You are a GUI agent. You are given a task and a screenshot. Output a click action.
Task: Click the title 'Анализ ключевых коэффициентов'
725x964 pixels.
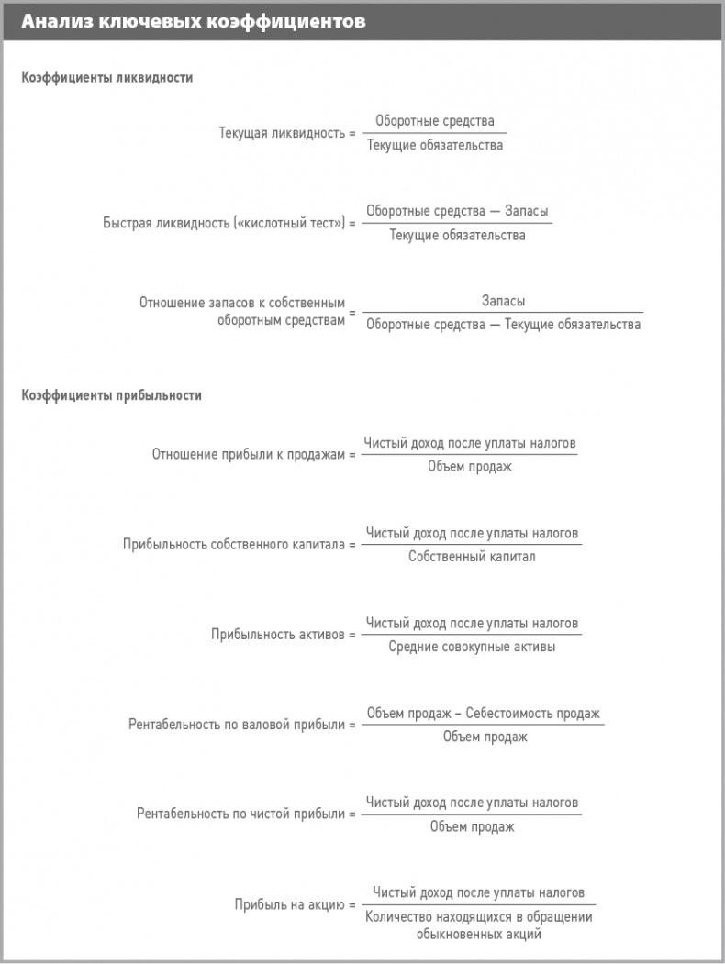(x=193, y=22)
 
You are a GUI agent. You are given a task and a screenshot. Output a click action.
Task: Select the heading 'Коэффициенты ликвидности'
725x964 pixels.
(x=107, y=78)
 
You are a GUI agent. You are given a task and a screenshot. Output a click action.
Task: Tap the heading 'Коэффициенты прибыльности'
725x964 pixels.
(x=111, y=395)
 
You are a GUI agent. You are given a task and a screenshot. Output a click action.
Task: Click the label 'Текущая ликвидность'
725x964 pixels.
(x=281, y=133)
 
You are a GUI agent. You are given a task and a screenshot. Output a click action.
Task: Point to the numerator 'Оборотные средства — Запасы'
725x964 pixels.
(x=457, y=212)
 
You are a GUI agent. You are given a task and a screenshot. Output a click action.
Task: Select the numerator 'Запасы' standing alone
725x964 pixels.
(x=503, y=301)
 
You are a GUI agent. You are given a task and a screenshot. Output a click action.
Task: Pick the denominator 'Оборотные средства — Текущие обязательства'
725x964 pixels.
(x=503, y=324)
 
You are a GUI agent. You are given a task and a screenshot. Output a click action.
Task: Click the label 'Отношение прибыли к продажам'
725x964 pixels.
(x=248, y=454)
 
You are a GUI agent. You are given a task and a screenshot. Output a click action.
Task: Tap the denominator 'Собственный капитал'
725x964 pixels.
(x=472, y=556)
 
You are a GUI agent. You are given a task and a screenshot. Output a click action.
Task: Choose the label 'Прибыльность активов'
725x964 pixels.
(x=277, y=634)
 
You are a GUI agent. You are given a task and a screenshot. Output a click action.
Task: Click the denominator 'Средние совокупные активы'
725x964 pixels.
(x=472, y=646)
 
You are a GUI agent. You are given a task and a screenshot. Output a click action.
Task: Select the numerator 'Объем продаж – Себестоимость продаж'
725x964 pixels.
(x=483, y=714)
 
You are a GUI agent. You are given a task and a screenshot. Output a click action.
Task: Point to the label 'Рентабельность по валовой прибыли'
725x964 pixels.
(x=237, y=725)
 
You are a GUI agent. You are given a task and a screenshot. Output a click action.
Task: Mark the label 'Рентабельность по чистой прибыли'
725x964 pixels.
(x=240, y=814)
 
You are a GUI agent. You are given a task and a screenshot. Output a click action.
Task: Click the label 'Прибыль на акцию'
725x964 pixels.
(x=287, y=904)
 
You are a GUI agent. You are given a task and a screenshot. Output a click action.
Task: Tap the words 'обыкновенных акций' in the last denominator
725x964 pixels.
(x=478, y=935)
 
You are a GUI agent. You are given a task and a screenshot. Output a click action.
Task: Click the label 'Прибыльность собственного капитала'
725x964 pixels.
(x=233, y=544)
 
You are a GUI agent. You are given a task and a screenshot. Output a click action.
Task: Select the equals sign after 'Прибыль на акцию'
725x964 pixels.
(x=351, y=904)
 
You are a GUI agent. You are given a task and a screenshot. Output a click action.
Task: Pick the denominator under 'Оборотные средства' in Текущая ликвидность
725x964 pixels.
(x=435, y=145)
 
